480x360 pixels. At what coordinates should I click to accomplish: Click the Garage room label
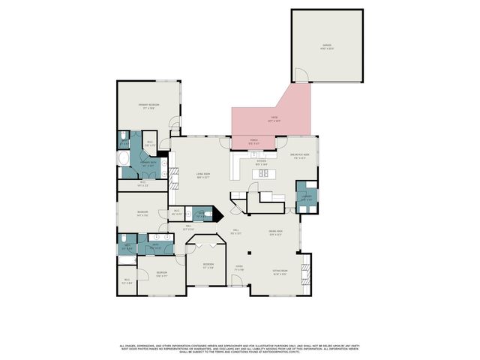(x=326, y=46)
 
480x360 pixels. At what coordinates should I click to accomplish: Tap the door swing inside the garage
(x=300, y=75)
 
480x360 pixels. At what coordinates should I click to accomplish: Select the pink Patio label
(x=262, y=118)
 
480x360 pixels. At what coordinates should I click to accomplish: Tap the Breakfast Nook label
(x=300, y=157)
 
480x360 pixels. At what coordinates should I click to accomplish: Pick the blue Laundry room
(x=306, y=196)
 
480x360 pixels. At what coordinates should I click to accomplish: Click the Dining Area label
(x=275, y=232)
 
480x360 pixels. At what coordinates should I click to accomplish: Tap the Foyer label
(x=239, y=268)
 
